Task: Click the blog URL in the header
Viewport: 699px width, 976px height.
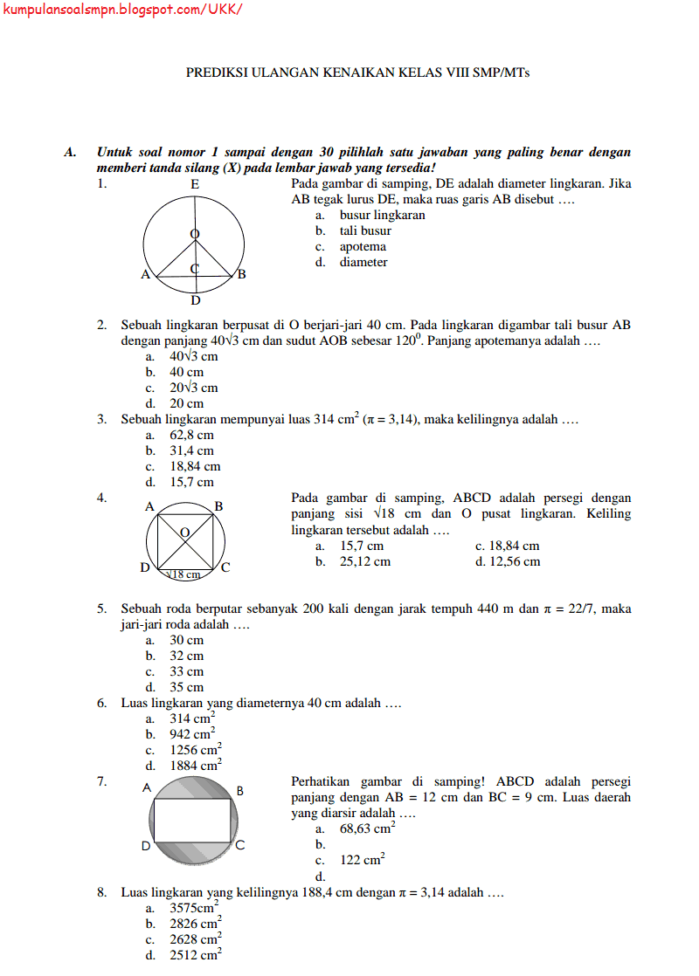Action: pos(122,9)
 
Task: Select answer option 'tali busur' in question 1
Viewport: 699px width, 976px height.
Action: pos(365,230)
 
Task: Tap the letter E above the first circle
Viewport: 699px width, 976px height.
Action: pos(194,185)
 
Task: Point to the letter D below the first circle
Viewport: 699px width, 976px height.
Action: pos(196,301)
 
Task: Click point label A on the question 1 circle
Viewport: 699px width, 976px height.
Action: pos(145,274)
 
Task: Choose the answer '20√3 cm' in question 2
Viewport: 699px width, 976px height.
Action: pos(193,388)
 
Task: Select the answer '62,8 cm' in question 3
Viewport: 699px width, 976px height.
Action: pos(191,435)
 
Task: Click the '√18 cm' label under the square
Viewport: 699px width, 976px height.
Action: pos(184,574)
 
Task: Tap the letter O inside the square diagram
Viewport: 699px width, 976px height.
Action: pos(184,532)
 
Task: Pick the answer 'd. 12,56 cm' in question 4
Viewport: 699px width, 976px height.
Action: pos(508,561)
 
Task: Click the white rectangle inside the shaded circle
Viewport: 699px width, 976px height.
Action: pos(193,820)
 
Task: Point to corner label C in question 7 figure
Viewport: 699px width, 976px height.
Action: pos(240,845)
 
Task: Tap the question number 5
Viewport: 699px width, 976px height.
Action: pos(101,608)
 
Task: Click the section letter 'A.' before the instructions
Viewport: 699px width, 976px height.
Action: pos(71,152)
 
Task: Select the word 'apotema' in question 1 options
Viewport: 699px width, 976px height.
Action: pos(363,246)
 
